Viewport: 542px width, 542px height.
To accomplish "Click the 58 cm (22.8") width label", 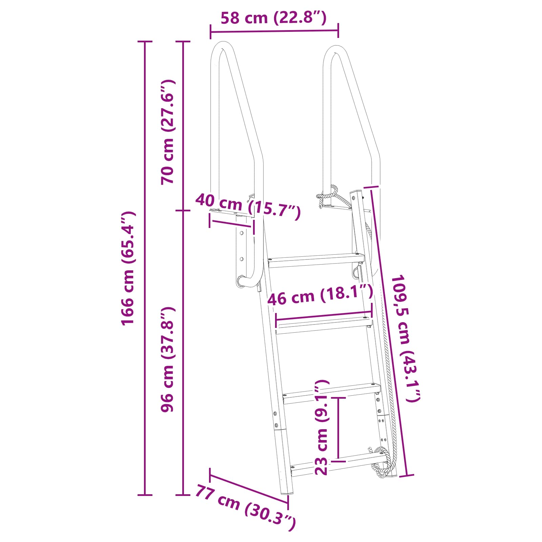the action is click(274, 18).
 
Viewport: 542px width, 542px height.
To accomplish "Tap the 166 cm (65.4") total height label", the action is click(128, 268).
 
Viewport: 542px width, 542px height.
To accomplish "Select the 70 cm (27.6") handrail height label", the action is click(168, 132).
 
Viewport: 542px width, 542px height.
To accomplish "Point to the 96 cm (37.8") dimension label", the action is click(168, 359).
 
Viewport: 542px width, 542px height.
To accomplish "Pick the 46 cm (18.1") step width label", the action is click(320, 295).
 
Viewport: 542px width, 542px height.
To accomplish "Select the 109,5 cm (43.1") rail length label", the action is click(405, 338).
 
